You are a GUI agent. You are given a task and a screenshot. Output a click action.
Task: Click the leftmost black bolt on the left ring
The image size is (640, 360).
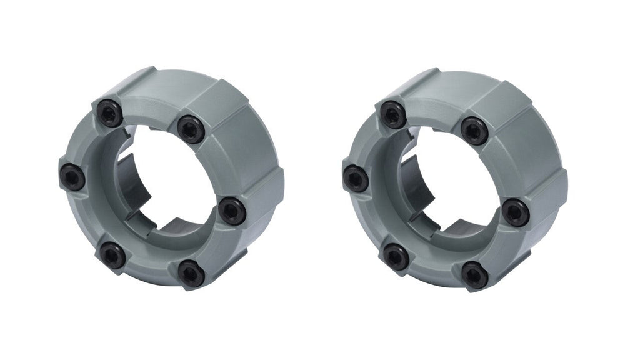click(x=72, y=177)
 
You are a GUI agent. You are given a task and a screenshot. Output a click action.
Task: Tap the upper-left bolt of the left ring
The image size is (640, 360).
click(x=110, y=113)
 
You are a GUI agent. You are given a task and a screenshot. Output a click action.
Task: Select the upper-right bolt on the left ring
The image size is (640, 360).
click(x=190, y=129)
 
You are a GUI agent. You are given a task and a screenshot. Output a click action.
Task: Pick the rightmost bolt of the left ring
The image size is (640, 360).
click(x=232, y=210)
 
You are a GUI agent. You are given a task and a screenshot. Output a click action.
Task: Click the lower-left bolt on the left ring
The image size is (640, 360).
click(x=112, y=255)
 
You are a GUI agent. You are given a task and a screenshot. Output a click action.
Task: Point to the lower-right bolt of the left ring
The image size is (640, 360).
click(x=191, y=273)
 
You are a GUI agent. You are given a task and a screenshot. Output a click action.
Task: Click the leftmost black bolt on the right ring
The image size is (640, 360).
click(x=356, y=178)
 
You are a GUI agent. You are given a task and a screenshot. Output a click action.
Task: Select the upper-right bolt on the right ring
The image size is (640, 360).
click(x=474, y=130)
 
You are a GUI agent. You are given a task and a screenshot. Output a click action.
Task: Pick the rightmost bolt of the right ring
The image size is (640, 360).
click(x=516, y=212)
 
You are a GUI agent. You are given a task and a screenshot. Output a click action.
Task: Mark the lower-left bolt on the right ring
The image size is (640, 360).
click(x=396, y=256)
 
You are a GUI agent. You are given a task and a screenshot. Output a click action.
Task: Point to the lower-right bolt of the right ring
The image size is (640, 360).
click(x=475, y=275)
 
